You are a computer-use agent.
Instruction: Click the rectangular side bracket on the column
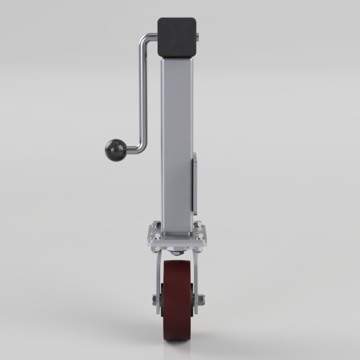coord(194,183)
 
